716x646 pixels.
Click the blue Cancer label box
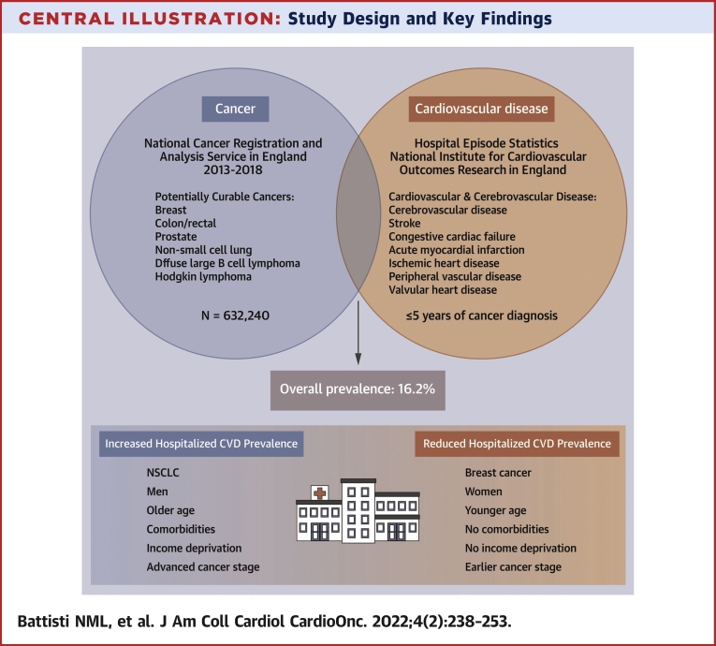(x=235, y=109)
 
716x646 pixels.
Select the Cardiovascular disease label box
(x=481, y=109)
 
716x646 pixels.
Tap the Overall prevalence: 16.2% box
(x=358, y=390)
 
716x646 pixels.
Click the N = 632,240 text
(x=235, y=316)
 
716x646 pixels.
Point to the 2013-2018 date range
(x=233, y=170)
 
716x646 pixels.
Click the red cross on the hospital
(x=320, y=493)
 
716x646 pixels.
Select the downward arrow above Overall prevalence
(x=358, y=332)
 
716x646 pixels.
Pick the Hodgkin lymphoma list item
(x=203, y=277)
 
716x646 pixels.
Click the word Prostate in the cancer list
(x=176, y=237)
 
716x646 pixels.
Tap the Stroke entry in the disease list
(x=404, y=224)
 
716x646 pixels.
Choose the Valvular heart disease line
(x=443, y=290)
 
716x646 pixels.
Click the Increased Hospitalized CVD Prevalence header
(x=201, y=444)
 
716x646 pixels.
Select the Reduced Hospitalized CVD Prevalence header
(x=517, y=444)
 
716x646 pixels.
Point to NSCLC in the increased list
(x=163, y=473)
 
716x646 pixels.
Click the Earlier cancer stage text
(x=513, y=567)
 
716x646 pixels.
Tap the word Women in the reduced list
(x=484, y=492)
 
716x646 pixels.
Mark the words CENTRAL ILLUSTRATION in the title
(x=150, y=19)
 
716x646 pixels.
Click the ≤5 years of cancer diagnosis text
(x=482, y=316)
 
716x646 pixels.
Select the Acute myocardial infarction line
(x=457, y=250)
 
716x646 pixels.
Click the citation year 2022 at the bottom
(x=392, y=622)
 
